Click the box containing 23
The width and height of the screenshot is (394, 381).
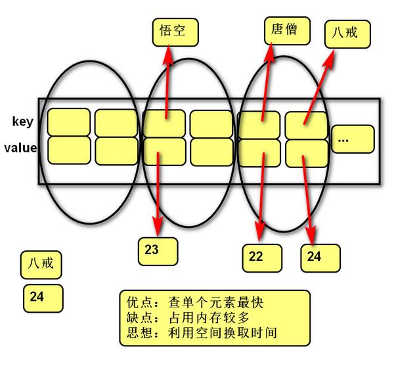(158, 250)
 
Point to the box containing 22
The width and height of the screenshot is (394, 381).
(262, 258)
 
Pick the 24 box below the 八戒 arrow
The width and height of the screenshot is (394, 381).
(320, 257)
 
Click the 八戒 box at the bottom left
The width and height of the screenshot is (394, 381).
(41, 265)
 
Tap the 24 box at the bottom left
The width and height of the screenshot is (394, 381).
(41, 298)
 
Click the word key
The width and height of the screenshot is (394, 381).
(22, 122)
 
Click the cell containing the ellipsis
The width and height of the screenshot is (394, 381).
(352, 139)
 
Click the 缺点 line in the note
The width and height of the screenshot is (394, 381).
(185, 318)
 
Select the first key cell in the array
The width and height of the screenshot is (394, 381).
(68, 122)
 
